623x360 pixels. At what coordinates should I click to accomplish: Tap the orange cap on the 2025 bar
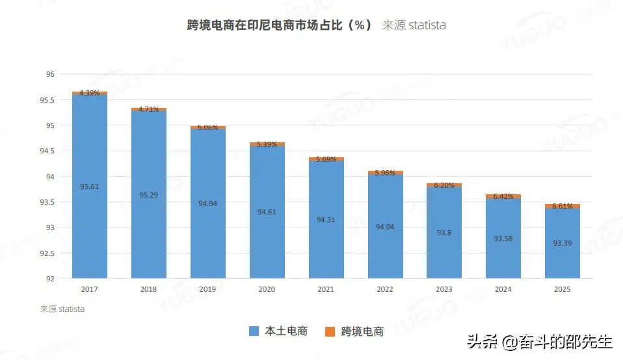click(563, 206)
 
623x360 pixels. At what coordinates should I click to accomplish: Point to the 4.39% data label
click(90, 93)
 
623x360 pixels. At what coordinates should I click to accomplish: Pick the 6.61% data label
click(563, 206)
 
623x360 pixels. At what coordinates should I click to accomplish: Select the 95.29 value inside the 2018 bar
click(149, 194)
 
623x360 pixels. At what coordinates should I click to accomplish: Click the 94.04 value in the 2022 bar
click(385, 227)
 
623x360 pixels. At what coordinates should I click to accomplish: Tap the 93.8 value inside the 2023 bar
click(444, 232)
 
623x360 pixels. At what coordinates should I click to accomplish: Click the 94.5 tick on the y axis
click(47, 151)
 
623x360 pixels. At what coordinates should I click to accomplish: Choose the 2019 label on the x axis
click(208, 289)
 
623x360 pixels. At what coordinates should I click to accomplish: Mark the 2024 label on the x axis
click(503, 289)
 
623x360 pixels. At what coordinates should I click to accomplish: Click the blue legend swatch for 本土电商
click(254, 331)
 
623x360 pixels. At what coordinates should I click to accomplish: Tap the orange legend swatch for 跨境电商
click(330, 331)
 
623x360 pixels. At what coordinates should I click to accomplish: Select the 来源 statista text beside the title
click(414, 25)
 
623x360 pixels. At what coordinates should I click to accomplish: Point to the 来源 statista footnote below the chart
click(62, 309)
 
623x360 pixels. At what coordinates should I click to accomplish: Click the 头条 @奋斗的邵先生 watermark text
click(539, 342)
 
